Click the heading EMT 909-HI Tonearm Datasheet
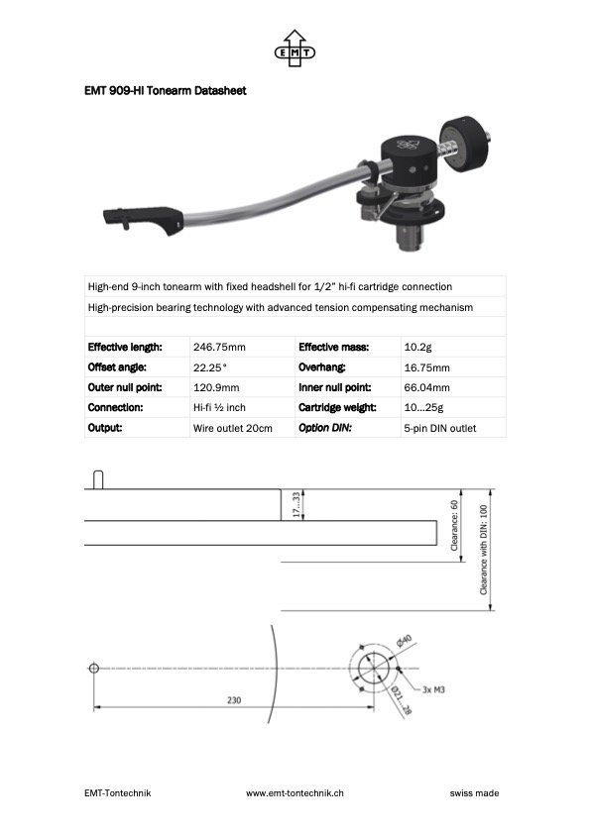point(165,91)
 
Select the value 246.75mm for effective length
point(219,347)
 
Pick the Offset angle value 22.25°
point(210,366)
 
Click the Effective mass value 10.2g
point(417,347)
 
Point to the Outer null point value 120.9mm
point(216,387)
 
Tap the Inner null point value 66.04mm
point(426,387)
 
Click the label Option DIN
point(327,428)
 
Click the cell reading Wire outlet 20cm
point(232,428)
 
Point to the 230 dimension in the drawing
point(234,699)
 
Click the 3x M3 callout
point(432,687)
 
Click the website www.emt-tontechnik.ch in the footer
point(295,792)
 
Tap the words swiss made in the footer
point(474,792)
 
